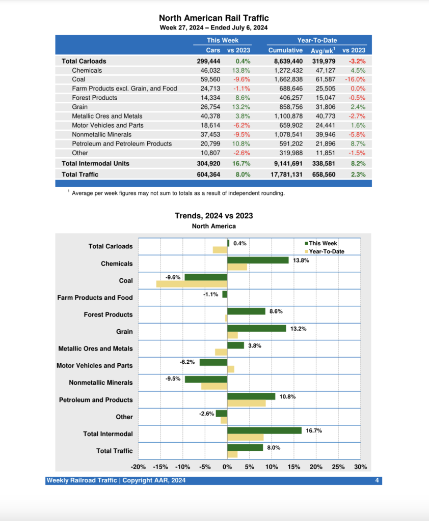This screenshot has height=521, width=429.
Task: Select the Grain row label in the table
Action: pos(80,107)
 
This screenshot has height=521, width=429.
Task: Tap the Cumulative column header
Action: pos(285,50)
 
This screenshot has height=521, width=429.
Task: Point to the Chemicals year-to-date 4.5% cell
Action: pos(358,70)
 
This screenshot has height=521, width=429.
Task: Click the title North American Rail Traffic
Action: pos(214,18)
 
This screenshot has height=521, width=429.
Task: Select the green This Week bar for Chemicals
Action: pos(258,260)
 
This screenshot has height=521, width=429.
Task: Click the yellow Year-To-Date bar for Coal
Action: pos(192,284)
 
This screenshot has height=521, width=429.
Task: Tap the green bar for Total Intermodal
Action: pos(264,430)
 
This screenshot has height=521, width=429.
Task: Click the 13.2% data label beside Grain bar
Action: pos(298,329)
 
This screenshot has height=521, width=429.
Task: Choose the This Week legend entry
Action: pos(323,243)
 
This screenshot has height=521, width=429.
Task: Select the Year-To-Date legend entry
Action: pos(326,251)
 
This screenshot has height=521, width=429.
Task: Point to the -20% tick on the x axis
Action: pos(139,467)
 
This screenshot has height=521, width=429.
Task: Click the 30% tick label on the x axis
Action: pos(360,467)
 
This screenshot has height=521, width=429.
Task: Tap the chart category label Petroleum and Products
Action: pos(96,400)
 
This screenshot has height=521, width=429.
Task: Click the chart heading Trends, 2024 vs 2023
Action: pos(214,216)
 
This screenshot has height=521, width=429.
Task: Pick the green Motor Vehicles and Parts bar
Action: pos(213,362)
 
